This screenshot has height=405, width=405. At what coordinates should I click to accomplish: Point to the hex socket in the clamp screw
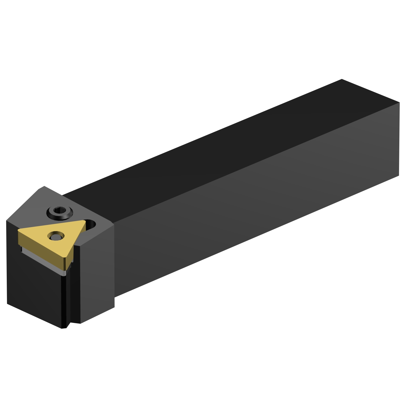tap(60, 210)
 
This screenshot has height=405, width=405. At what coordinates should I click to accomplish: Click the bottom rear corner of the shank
tap(399, 176)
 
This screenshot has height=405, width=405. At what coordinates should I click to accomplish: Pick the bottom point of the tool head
tap(64, 328)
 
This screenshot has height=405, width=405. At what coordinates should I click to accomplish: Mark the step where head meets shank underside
tap(114, 297)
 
